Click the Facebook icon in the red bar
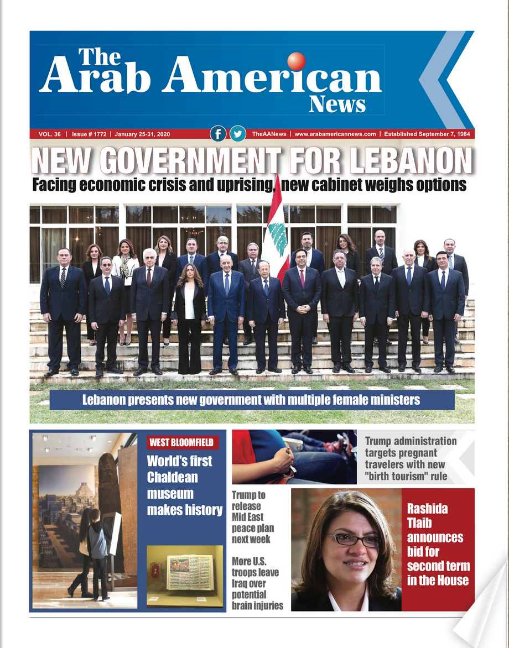click(x=218, y=134)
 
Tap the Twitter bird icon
click(x=237, y=134)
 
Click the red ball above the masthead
click(x=297, y=61)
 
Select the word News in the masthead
click(x=337, y=103)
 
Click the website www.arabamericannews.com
click(x=335, y=134)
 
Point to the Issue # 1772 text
click(x=89, y=134)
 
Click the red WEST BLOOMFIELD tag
click(x=183, y=442)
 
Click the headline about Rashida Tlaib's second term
click(x=438, y=544)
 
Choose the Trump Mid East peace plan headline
click(x=252, y=517)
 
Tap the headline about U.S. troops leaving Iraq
click(x=257, y=584)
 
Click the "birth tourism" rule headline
click(x=411, y=458)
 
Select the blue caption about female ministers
click(x=252, y=400)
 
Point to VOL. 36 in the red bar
click(x=50, y=134)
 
